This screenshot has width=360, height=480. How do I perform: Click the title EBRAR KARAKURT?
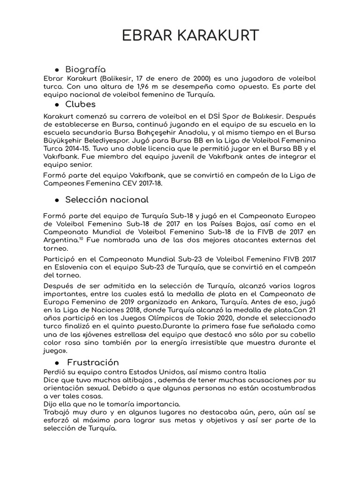click(x=190, y=36)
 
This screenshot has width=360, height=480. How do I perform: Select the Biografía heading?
click(x=85, y=69)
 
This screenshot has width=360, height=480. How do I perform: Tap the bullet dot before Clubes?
click(x=56, y=105)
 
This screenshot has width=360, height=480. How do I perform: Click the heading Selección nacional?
click(x=107, y=200)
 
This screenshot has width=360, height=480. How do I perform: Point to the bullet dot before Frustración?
click(x=56, y=363)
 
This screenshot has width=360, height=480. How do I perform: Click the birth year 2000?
click(x=199, y=78)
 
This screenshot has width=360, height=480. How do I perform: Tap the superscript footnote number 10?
click(x=81, y=239)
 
